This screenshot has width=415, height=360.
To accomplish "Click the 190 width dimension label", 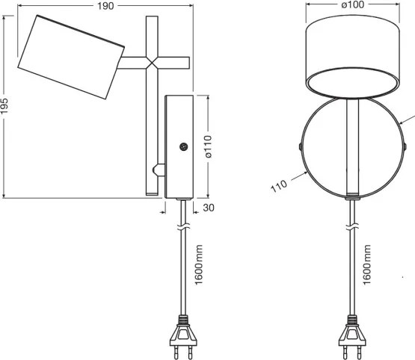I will [107, 6].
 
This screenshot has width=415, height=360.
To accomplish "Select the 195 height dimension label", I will [7, 107].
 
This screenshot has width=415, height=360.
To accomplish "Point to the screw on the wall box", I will [182, 147].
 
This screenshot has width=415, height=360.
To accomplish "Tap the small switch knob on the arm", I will [156, 170].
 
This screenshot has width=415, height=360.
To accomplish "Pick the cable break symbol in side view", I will [181, 225].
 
